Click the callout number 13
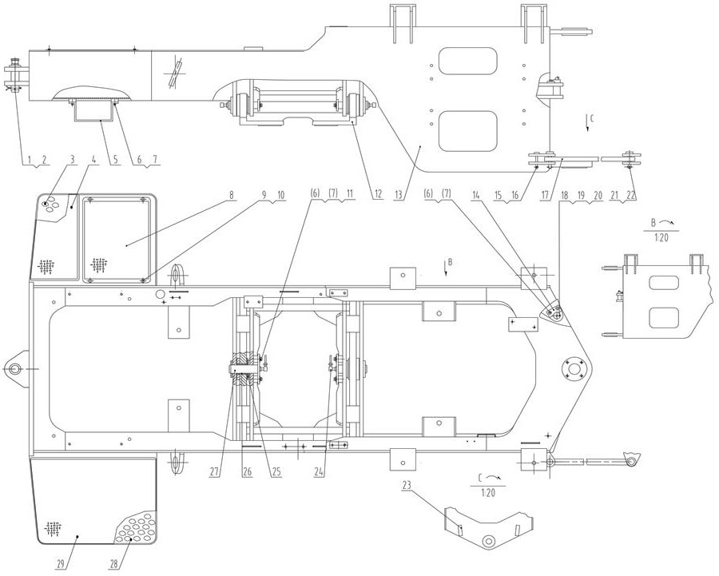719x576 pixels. click(398, 194)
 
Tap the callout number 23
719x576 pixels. click(407, 485)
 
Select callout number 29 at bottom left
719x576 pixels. click(60, 564)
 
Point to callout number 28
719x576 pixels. click(114, 564)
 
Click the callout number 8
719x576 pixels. click(232, 195)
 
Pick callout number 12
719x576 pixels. click(378, 194)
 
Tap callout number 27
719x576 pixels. click(216, 472)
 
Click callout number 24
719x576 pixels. click(320, 472)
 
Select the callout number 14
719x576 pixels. click(477, 194)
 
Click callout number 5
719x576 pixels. click(115, 159)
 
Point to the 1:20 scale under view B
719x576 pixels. click(661, 239)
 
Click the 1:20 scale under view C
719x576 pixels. click(488, 493)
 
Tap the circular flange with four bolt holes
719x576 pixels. click(574, 369)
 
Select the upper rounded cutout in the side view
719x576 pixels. click(467, 62)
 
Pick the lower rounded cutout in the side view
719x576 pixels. click(467, 131)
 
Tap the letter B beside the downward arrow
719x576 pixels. click(451, 262)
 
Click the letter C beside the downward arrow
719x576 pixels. click(591, 118)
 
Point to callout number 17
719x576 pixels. click(545, 194)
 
